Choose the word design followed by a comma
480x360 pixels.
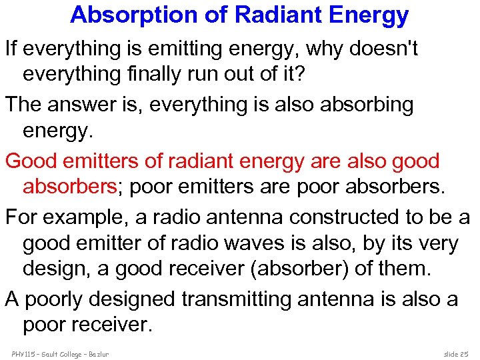54,269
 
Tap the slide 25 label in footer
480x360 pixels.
456,353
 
